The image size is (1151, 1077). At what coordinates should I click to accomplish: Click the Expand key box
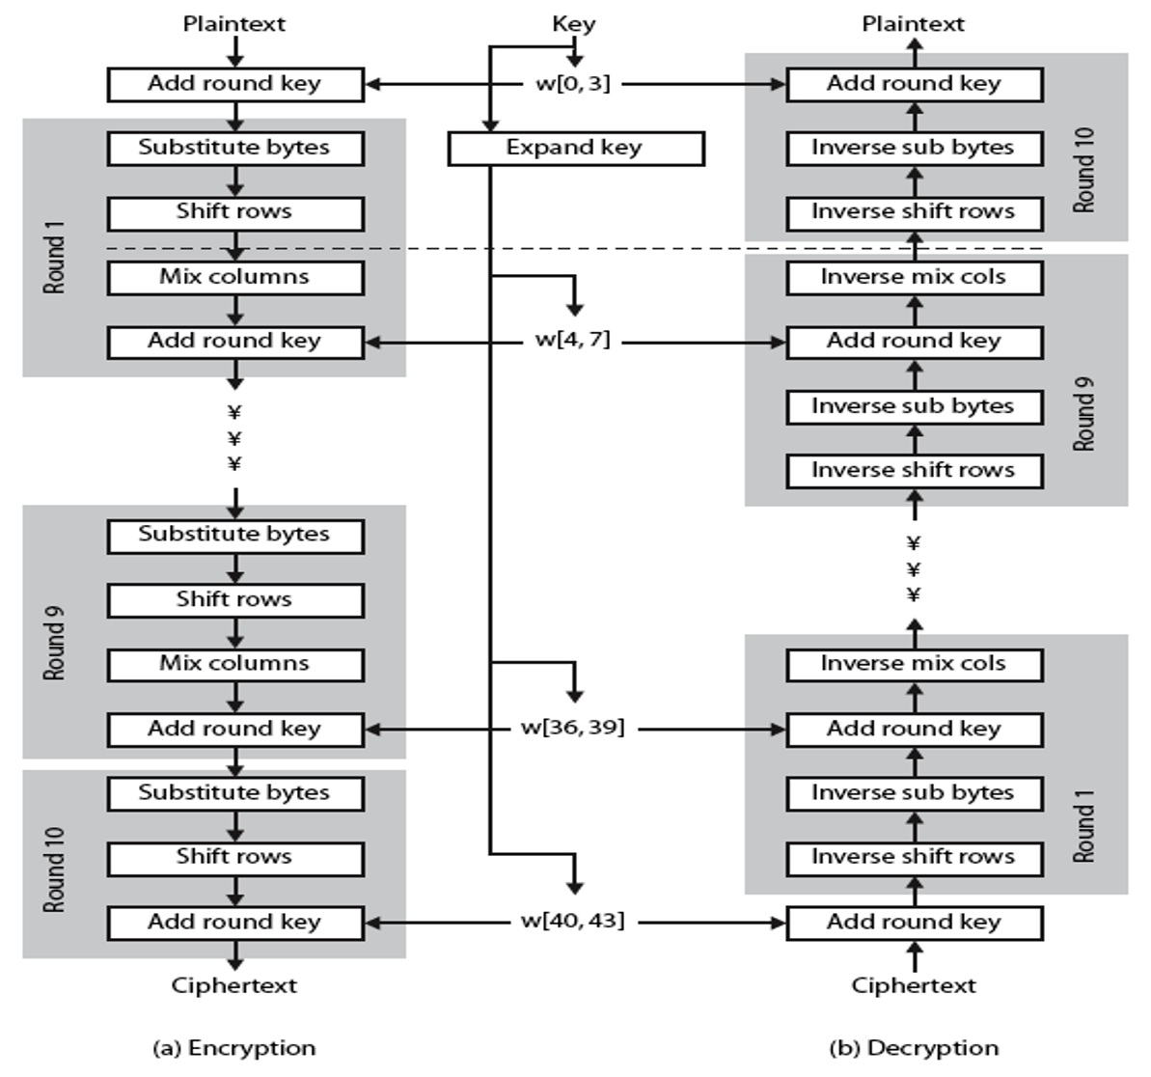point(575,149)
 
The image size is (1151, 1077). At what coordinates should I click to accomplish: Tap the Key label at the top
point(573,24)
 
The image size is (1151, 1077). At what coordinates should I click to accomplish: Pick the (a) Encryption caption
point(234,1048)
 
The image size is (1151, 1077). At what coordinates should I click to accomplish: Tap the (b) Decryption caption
point(914,1048)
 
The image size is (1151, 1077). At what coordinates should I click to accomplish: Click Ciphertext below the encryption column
point(234,985)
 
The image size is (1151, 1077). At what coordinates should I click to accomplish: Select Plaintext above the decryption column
point(913,24)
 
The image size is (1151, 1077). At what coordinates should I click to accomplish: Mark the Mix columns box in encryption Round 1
point(235,278)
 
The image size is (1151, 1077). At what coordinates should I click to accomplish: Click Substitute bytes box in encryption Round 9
point(235,536)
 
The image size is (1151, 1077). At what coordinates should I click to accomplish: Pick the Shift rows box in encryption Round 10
point(235,858)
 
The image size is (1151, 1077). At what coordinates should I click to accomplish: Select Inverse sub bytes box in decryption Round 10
point(914,149)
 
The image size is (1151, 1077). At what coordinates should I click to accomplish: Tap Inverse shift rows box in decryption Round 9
point(914,471)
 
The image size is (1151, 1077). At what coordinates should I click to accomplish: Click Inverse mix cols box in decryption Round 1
point(914,664)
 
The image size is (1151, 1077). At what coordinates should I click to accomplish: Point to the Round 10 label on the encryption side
point(54,869)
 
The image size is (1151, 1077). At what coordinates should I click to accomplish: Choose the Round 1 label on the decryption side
point(1084,826)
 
